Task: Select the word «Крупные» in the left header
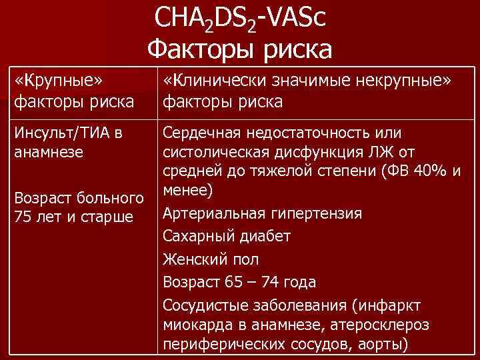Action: point(57,81)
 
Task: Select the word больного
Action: point(107,198)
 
